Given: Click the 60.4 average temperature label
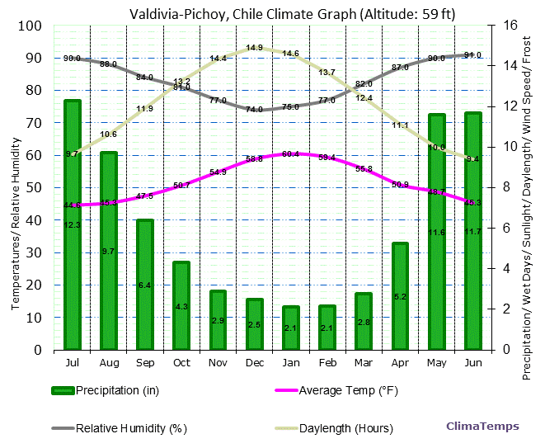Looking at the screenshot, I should click(x=290, y=154).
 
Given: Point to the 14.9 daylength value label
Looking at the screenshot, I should click(x=254, y=48).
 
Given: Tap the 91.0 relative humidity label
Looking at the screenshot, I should click(x=472, y=55).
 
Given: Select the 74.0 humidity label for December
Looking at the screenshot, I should click(x=254, y=109).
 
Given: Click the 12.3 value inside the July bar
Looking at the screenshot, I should click(x=72, y=225).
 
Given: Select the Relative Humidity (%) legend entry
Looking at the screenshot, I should click(x=119, y=428).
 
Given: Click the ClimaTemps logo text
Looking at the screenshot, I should click(x=482, y=427).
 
